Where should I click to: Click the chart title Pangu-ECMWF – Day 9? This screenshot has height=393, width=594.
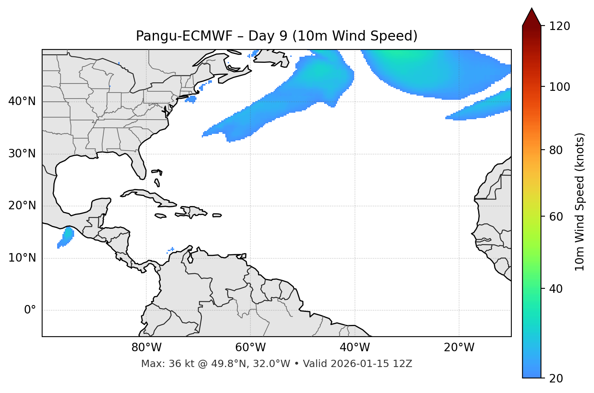coord(276,36)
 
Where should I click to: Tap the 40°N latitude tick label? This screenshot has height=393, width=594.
coord(22,101)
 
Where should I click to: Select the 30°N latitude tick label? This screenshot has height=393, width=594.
coord(22,154)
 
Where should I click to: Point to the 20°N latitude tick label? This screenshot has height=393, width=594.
coord(22,206)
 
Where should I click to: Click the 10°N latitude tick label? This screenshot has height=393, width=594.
coord(22,258)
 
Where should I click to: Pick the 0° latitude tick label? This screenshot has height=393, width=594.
coord(30,310)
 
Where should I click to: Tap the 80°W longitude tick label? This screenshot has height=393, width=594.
coord(146,348)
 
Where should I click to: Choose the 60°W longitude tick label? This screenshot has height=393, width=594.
coord(250,348)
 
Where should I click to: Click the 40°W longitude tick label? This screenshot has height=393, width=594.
coord(355,348)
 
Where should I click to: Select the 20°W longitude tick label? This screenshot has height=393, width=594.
coord(459,348)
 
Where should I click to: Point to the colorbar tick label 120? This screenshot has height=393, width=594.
coord(560,26)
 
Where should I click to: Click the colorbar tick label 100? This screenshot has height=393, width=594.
coord(560,87)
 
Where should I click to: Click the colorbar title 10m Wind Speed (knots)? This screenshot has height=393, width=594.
coord(580,202)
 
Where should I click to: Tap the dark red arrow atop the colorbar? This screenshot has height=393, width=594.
coord(532,17)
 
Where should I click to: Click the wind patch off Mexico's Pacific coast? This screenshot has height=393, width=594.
coord(66,237)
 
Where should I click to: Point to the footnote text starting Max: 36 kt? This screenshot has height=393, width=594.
coord(276,364)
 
